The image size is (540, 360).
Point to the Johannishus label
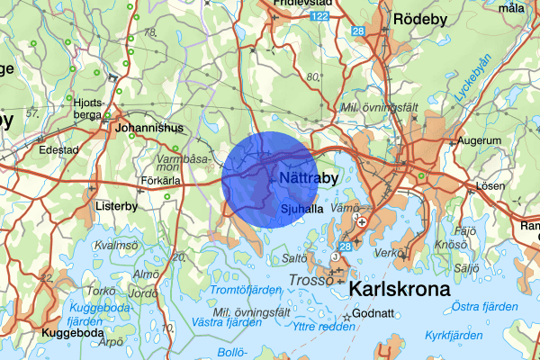click(x=149, y=127)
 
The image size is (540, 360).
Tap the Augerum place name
click(x=479, y=141)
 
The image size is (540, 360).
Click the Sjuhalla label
click(x=301, y=208)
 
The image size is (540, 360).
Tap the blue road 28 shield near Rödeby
click(x=358, y=32)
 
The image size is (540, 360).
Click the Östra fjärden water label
click(x=485, y=307)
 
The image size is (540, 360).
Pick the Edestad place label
click(x=58, y=149)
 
